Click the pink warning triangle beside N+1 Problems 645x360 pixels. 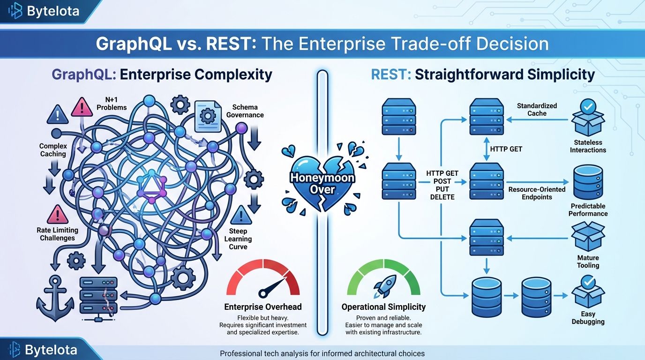[x=82, y=107]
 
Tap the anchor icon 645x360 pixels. [x=55, y=298]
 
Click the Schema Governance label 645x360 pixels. [x=245, y=111]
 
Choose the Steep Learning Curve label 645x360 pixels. [x=238, y=239]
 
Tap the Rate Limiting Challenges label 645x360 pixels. [x=57, y=234]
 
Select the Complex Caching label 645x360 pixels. [x=53, y=150]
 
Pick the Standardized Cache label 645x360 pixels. [x=537, y=109]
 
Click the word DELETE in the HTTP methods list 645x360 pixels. [x=442, y=197]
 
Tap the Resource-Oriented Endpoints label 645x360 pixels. [x=537, y=193]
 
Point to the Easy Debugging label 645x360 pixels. [x=588, y=318]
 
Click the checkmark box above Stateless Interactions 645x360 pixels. [x=588, y=118]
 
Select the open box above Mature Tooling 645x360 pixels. [x=588, y=236]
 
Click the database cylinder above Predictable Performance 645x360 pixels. [x=588, y=182]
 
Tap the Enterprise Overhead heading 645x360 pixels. [x=263, y=307]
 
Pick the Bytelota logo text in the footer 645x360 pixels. [x=51, y=350]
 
